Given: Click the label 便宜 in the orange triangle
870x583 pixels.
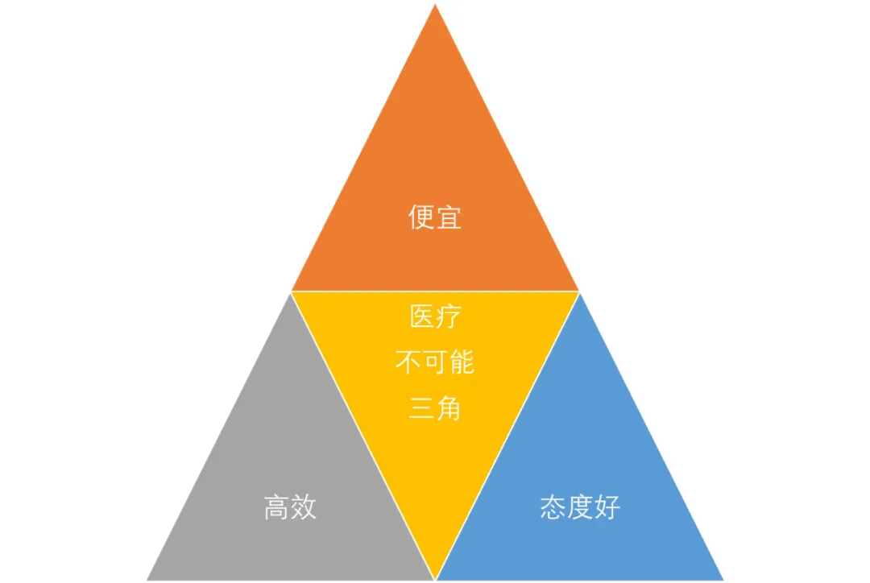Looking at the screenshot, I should [x=435, y=218].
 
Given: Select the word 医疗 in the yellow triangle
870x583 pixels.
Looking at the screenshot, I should [x=435, y=316].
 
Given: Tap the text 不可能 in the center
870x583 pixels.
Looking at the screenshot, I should [x=435, y=362].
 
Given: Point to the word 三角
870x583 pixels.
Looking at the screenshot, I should [x=435, y=408].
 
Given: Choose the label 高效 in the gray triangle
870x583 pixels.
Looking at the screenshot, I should [x=290, y=507].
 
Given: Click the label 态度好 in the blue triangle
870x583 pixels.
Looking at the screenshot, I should [x=580, y=507].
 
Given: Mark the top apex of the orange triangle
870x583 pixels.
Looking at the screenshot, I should [x=435, y=5].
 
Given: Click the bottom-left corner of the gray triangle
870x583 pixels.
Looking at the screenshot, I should [x=147, y=579].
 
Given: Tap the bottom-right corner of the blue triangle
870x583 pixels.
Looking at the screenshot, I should [x=723, y=579].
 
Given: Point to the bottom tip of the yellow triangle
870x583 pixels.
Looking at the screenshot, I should [x=435, y=578].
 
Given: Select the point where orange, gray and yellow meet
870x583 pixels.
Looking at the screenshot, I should [x=291, y=291].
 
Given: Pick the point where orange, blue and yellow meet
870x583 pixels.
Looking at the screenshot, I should [x=579, y=291].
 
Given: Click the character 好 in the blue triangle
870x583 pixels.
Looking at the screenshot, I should [x=607, y=507].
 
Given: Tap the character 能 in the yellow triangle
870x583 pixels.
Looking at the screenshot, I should [x=462, y=362].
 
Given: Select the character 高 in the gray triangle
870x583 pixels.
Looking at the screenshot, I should [x=276, y=507].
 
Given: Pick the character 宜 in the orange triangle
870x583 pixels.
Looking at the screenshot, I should [x=449, y=218].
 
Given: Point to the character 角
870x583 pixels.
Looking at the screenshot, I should [x=449, y=408].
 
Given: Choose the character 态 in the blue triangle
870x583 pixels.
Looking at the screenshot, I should [x=553, y=507].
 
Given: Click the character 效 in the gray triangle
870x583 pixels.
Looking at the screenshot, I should [x=304, y=507].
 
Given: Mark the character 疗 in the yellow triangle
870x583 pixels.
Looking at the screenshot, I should [x=449, y=316].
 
